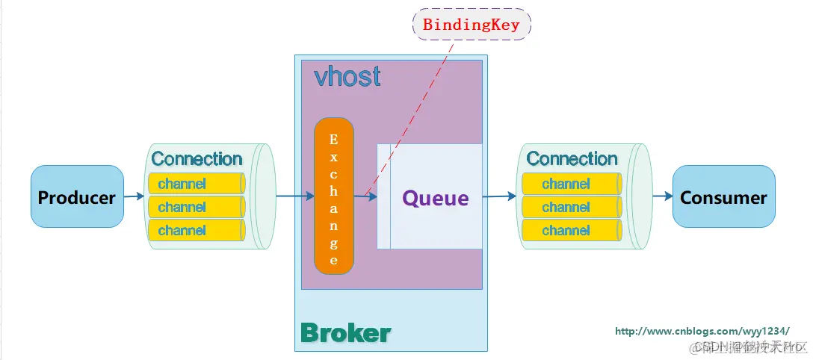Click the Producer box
pos(77,197)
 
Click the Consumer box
pos(723,197)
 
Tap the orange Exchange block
pos(333,196)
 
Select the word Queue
pos(436,199)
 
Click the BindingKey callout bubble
pos(472,24)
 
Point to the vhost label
pos(347,76)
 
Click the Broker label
pos(345,333)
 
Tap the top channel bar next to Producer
pos(197,184)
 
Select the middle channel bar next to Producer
pos(197,207)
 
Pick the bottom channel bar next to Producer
pos(197,230)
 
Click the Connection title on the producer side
pos(197,159)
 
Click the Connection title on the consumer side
pos(572,159)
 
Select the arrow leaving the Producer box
pos(134,196)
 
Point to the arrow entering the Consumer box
pos(662,196)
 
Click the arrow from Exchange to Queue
pos(365,196)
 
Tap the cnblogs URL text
pos(702,331)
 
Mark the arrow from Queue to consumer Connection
pos(499,196)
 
